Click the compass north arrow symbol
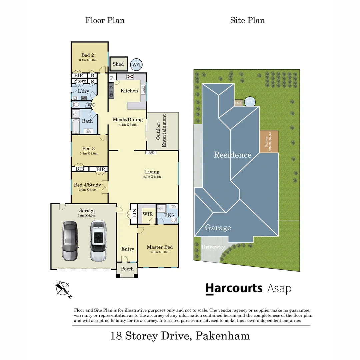pyautogui.click(x=63, y=289)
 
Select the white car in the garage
pyautogui.click(x=97, y=241)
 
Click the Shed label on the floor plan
pyautogui.click(x=118, y=64)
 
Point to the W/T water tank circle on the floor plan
pyautogui.click(x=136, y=64)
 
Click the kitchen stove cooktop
pyautogui.click(x=130, y=76)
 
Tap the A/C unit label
pyautogui.click(x=151, y=153)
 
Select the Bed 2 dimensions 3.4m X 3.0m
pyautogui.click(x=88, y=60)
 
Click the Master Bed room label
pyautogui.click(x=160, y=247)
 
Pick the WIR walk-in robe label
pyautogui.click(x=147, y=214)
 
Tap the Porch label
pyautogui.click(x=127, y=269)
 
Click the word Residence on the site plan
pyautogui.click(x=232, y=155)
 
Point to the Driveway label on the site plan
pyautogui.click(x=213, y=247)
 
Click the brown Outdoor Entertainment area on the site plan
pyautogui.click(x=269, y=142)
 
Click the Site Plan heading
pyautogui.click(x=247, y=20)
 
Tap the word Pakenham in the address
pyautogui.click(x=222, y=335)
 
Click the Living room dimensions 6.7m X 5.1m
pyautogui.click(x=152, y=177)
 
